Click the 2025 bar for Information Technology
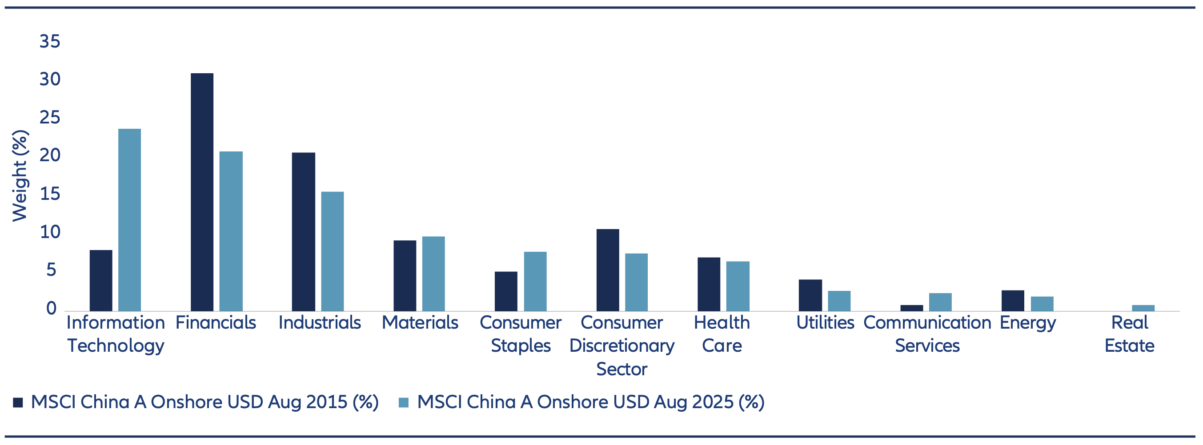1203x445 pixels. pyautogui.click(x=129, y=219)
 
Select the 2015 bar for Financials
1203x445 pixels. pyautogui.click(x=202, y=191)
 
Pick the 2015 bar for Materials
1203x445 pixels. pyautogui.click(x=405, y=275)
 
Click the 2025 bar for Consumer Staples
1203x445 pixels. pyautogui.click(x=535, y=281)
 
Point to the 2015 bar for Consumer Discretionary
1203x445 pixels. pyautogui.click(x=608, y=270)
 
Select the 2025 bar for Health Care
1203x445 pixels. pyautogui.click(x=738, y=286)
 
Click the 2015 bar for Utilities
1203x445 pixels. pyautogui.click(x=810, y=295)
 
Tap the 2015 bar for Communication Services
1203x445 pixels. pyautogui.click(x=912, y=308)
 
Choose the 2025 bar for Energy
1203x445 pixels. pyautogui.click(x=1042, y=304)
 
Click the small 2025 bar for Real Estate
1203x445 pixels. pyautogui.click(x=1143, y=308)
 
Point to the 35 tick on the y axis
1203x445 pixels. pyautogui.click(x=50, y=41)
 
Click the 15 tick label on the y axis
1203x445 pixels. pyautogui.click(x=50, y=194)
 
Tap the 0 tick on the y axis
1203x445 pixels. pyautogui.click(x=52, y=308)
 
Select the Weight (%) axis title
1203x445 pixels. pyautogui.click(x=20, y=175)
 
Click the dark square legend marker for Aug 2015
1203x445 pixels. pyautogui.click(x=18, y=402)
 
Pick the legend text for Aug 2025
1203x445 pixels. pyautogui.click(x=590, y=402)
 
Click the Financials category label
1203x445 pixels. pyautogui.click(x=216, y=323)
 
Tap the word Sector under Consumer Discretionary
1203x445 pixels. pyautogui.click(x=622, y=369)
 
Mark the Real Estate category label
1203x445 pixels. pyautogui.click(x=1129, y=334)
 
